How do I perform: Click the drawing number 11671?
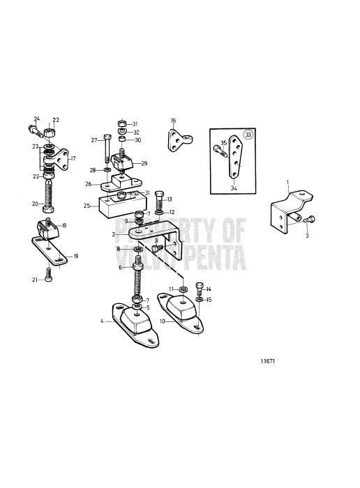point(267,361)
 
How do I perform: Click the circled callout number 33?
point(248,135)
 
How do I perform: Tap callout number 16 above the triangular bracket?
point(174,121)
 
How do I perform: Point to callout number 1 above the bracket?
point(288,181)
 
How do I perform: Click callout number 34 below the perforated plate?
point(234,188)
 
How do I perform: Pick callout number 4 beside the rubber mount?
point(102,321)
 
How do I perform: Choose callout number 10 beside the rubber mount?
point(163,321)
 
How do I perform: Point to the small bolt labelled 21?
point(49,275)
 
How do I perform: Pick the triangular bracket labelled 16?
point(179,141)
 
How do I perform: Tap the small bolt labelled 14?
point(200,289)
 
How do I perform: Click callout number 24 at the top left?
point(37,119)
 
